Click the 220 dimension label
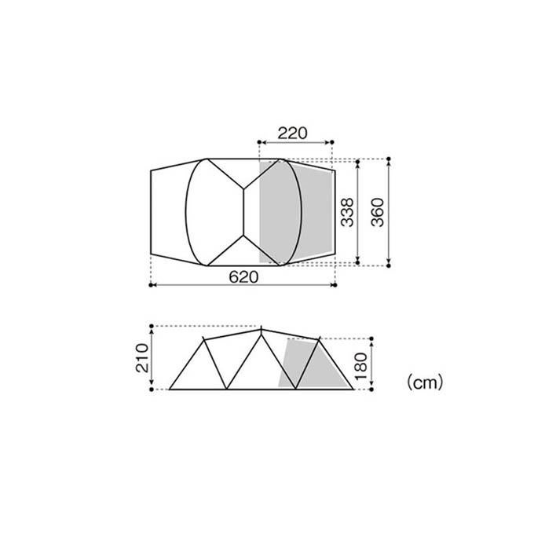292,133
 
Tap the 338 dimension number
348,212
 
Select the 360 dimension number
378,212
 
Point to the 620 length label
243,277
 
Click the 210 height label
142,358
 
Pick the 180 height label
361,367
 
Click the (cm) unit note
425,382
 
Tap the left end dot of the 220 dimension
259,142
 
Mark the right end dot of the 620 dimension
335,285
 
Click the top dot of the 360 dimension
389,159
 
